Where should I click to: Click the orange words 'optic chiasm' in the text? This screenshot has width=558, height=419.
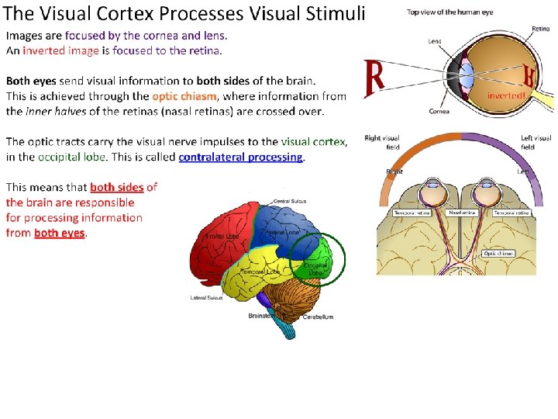click(x=184, y=96)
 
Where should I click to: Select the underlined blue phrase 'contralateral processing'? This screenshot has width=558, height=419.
click(x=240, y=157)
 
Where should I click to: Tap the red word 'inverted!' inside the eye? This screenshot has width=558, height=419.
click(x=507, y=95)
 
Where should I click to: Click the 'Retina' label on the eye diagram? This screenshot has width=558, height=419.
click(x=540, y=29)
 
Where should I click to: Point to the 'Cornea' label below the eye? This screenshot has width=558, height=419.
click(x=439, y=112)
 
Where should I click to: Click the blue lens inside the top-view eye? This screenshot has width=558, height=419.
click(x=467, y=76)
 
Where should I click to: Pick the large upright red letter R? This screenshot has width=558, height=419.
click(x=375, y=78)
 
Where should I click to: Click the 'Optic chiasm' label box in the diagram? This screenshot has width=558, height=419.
click(x=498, y=253)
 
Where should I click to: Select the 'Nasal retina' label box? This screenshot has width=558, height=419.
click(x=463, y=212)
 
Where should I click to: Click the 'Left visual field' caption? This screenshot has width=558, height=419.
click(x=536, y=142)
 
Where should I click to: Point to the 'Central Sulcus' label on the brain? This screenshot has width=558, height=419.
click(x=288, y=202)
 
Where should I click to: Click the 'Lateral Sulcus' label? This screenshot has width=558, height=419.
click(x=207, y=297)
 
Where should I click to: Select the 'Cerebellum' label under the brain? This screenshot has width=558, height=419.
click(x=318, y=317)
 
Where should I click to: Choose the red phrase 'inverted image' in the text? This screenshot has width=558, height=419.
click(x=61, y=50)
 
